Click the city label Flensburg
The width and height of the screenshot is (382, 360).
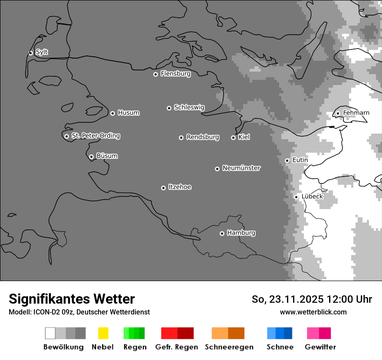click(x=175, y=74)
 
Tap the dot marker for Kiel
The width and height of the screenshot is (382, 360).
click(x=233, y=137)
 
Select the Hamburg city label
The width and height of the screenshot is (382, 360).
click(x=241, y=233)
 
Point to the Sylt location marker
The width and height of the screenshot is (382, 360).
click(x=30, y=53)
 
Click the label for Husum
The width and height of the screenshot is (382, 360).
click(x=128, y=113)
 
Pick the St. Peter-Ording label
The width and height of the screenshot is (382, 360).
click(x=95, y=136)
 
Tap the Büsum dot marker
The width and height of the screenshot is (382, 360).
click(x=91, y=157)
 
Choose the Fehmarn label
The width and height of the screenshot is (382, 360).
click(x=356, y=113)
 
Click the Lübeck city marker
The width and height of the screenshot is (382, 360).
click(x=296, y=197)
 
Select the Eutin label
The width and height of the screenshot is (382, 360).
click(x=300, y=160)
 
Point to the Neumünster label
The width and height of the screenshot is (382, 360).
click(x=241, y=168)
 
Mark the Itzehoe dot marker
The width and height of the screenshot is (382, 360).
click(x=163, y=188)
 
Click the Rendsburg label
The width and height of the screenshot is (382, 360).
click(x=203, y=137)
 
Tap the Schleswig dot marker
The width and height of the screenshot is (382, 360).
click(x=169, y=108)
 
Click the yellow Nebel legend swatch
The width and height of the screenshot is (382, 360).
click(x=103, y=333)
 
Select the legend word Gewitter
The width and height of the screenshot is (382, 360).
click(x=320, y=347)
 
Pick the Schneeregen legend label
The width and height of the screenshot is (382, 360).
click(x=229, y=347)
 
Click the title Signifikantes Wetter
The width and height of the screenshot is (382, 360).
click(x=72, y=299)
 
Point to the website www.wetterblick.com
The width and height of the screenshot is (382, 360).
click(x=313, y=312)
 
